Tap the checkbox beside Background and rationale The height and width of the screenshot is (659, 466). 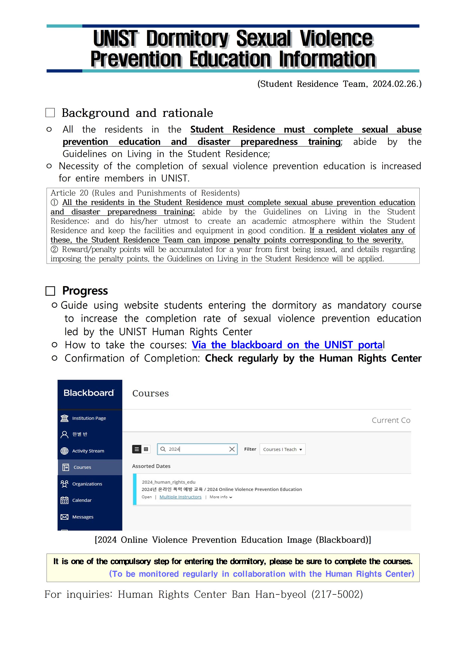[x=50, y=113]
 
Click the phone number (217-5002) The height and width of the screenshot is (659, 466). [x=337, y=594]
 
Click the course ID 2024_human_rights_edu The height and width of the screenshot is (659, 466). [x=169, y=482]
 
